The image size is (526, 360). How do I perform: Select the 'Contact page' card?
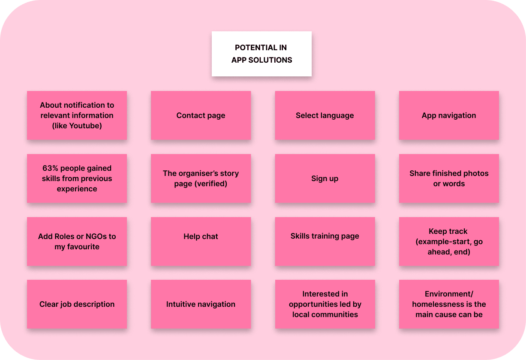coord(201,115)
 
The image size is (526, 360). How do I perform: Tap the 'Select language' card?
coord(325,115)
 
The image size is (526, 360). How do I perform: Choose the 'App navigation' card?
coord(449,115)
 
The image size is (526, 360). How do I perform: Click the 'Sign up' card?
coord(325,178)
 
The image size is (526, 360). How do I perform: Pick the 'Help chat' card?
coord(201,236)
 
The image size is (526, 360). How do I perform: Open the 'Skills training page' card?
coord(325,236)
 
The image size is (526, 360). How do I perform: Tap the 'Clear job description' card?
coord(77,304)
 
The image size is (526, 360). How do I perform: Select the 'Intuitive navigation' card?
coord(201,304)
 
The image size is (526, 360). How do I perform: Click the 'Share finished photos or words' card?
coord(449,178)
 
